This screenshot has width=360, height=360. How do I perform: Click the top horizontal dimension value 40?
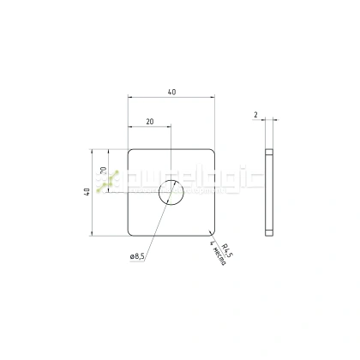172,93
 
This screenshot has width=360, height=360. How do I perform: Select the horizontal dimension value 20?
150,123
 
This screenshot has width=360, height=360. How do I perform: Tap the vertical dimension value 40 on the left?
87,192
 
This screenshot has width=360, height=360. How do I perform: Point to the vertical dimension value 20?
103,171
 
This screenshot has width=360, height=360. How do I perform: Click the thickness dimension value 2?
256,114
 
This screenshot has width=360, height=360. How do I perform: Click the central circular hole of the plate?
171,193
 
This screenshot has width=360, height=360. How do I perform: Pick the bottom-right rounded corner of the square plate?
212,232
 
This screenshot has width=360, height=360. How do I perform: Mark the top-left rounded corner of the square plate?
130,152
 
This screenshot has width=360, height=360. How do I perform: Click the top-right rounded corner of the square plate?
212,152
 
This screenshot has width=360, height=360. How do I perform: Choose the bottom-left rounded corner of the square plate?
130,232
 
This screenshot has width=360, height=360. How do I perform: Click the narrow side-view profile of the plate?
270,193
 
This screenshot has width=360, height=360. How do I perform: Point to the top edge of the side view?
270,150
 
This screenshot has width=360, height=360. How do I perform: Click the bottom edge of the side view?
270,235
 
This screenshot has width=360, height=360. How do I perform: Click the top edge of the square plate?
171,150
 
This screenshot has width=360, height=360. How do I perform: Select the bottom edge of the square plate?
171,235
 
